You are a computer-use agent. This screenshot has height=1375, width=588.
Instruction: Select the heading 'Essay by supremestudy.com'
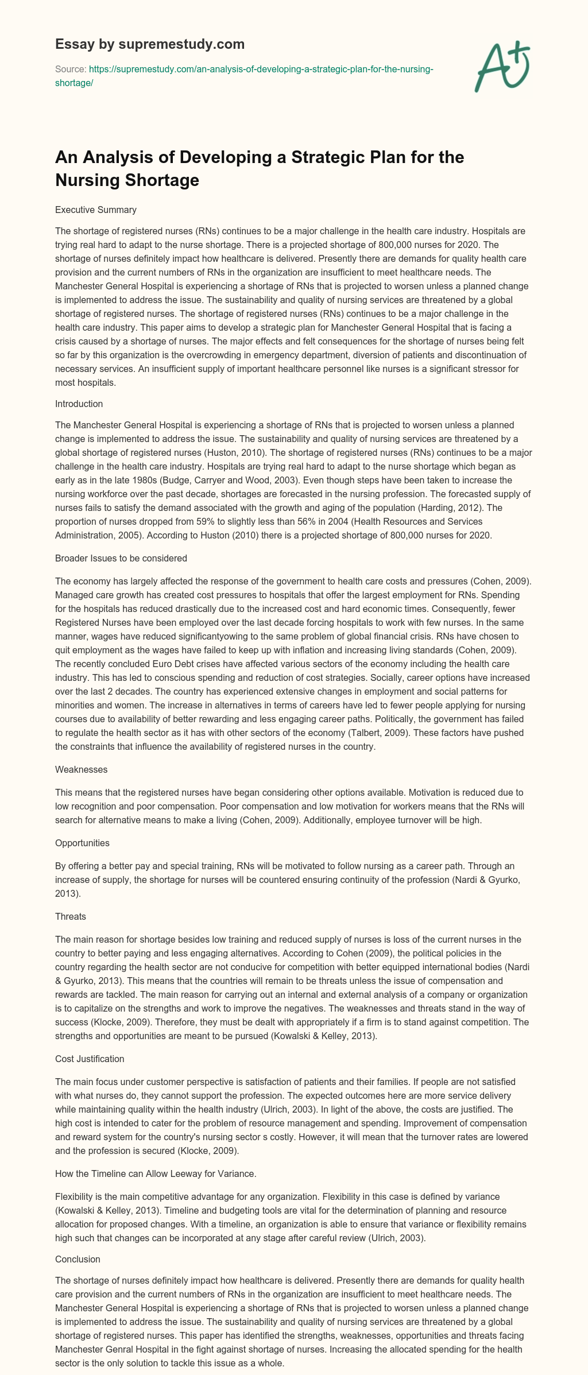pos(150,44)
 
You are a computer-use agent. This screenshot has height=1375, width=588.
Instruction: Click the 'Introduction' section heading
pos(79,404)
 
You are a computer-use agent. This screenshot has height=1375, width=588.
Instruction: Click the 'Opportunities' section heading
pos(82,843)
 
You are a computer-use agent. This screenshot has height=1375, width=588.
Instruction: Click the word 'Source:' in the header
pos(70,69)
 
